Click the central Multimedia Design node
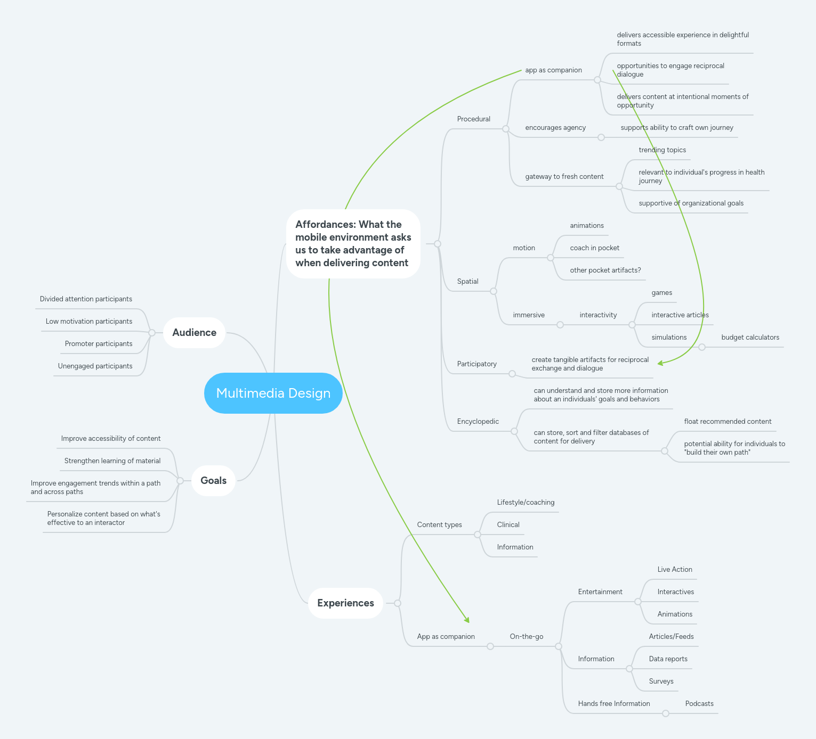pos(273,393)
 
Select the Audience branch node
pos(194,333)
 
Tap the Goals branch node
pos(213,481)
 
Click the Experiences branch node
pos(345,603)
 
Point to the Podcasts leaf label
pos(699,704)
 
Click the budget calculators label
pos(750,338)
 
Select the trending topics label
pos(662,150)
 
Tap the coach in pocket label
pos(594,248)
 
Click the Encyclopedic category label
pos(478,422)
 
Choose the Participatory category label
pos(476,364)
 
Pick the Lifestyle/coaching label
pos(526,503)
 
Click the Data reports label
pos(668,659)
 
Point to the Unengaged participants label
pos(95,366)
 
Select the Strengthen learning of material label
pos(112,461)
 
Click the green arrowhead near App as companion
pos(467,620)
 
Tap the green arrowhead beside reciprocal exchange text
pos(660,363)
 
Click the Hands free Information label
pos(613,704)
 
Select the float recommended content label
pos(728,422)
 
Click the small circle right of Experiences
pos(398,603)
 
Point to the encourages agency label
pos(555,128)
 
